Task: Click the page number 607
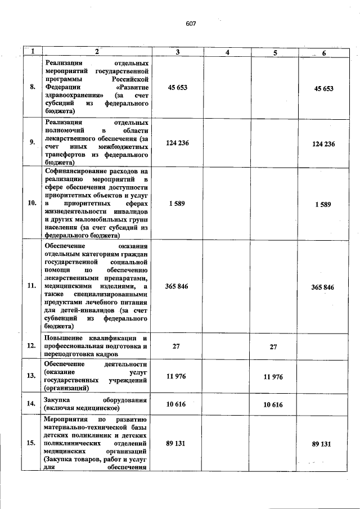190,24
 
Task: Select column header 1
33,52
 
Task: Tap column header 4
227,52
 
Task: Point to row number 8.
33,87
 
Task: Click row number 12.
33,346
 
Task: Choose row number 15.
33,443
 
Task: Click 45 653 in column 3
178,88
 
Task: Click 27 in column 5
273,346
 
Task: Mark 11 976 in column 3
178,376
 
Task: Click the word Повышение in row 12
64,338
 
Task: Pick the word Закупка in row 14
58,400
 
